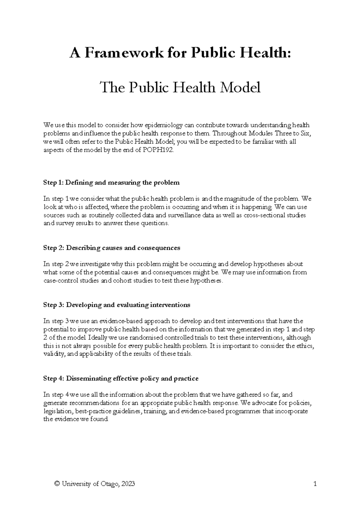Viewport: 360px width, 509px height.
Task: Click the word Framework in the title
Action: coord(124,54)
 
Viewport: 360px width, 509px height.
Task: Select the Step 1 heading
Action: coord(111,182)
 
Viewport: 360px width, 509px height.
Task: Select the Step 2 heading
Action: coord(112,248)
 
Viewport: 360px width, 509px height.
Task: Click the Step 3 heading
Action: coord(117,305)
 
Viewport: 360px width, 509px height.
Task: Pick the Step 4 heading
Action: coord(121,378)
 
